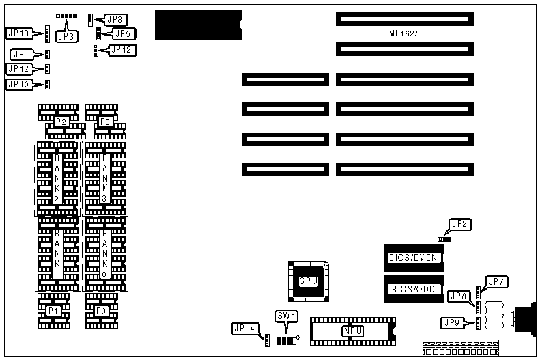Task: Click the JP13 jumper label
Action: coord(18,33)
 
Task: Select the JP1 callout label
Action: coord(20,54)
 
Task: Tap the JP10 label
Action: coord(18,85)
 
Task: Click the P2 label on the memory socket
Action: coord(61,122)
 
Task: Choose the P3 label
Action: coord(105,122)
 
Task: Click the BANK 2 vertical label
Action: coord(57,177)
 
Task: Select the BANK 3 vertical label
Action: coord(104,177)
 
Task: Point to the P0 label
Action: coord(100,311)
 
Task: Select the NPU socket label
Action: coord(352,331)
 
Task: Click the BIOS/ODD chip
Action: coord(413,289)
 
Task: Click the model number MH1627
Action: coord(403,33)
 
